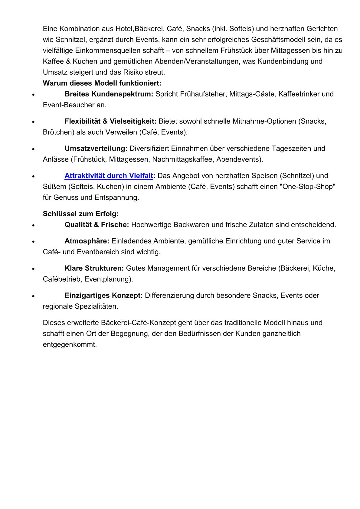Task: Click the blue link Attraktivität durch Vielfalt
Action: tap(109, 176)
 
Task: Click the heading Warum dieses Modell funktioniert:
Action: tap(102, 83)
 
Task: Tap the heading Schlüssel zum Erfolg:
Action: tap(80, 214)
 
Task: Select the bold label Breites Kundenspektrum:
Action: tap(109, 94)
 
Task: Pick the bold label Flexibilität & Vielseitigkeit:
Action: tap(110, 121)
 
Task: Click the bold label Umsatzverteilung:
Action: tap(96, 148)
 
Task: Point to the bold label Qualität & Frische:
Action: tap(97, 225)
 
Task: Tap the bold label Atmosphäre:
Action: tap(87, 241)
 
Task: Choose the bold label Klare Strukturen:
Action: tap(94, 268)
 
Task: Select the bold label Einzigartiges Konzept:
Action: tap(103, 295)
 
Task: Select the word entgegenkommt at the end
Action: tap(70, 344)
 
